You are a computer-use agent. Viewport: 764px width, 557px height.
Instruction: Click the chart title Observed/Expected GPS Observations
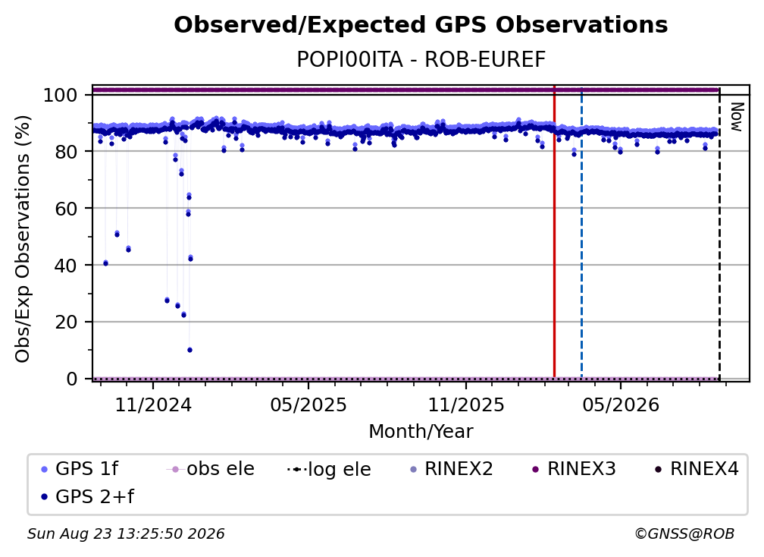pyautogui.click(x=421, y=25)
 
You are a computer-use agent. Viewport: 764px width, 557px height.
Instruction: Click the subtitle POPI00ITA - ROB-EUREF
pyautogui.click(x=421, y=60)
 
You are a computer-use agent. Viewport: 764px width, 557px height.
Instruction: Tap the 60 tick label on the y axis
pyautogui.click(x=66, y=209)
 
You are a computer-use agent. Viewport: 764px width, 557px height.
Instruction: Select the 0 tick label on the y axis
pyautogui.click(x=71, y=379)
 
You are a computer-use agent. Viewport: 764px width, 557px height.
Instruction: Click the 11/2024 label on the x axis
pyautogui.click(x=153, y=404)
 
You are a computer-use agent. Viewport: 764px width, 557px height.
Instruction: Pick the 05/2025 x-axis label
pyautogui.click(x=308, y=404)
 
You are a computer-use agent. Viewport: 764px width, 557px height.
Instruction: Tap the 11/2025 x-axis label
pyautogui.click(x=466, y=404)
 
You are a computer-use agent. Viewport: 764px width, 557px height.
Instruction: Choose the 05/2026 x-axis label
pyautogui.click(x=621, y=404)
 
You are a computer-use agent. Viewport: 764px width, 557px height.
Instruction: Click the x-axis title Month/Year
pyautogui.click(x=421, y=432)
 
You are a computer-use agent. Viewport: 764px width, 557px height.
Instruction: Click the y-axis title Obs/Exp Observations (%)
pyautogui.click(x=23, y=239)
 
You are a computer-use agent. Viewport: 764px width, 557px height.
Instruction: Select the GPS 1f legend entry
pyautogui.click(x=80, y=469)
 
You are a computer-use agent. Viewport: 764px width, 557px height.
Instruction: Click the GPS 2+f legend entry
pyautogui.click(x=88, y=496)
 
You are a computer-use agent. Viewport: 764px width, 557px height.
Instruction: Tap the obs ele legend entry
pyautogui.click(x=211, y=469)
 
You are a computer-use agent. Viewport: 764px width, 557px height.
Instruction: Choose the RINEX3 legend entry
pyautogui.click(x=574, y=469)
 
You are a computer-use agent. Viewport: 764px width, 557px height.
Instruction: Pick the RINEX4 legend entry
pyautogui.click(x=697, y=469)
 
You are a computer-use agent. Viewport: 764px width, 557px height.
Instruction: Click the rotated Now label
pyautogui.click(x=737, y=117)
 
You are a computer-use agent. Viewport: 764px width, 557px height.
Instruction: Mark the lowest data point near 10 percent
pyautogui.click(x=189, y=350)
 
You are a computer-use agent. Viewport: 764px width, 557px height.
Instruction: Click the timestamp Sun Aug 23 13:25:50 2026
pyautogui.click(x=126, y=534)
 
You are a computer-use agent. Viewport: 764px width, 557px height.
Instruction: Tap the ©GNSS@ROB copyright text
pyautogui.click(x=684, y=534)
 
